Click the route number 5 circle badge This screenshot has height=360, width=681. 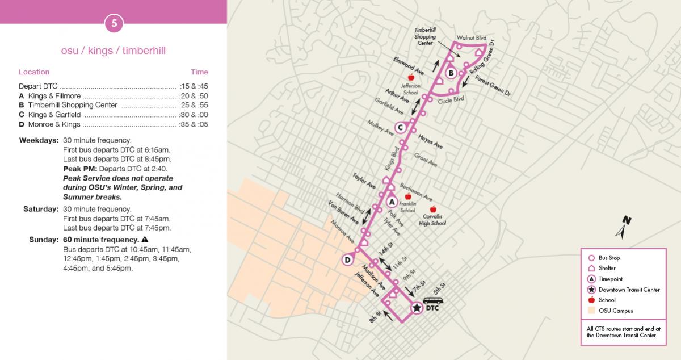(113, 23)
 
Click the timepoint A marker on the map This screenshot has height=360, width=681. (391, 201)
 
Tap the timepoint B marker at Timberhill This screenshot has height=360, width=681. (451, 73)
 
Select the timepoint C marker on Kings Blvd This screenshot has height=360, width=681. (400, 127)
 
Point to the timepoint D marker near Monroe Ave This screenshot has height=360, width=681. (347, 260)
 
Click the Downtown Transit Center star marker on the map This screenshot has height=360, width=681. (417, 308)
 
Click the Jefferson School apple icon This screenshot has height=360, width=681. (411, 78)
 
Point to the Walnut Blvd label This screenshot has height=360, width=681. (473, 37)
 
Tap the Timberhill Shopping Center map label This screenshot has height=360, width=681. (425, 36)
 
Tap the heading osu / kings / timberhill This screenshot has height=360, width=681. (113, 51)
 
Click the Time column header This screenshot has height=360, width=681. (199, 72)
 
